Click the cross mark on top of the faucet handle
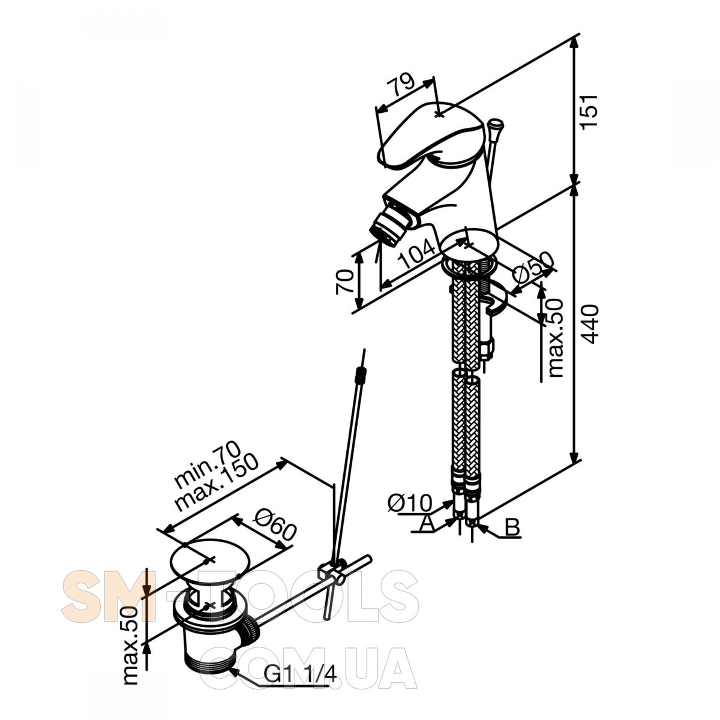click(439, 114)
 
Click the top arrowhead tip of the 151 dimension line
click(575, 38)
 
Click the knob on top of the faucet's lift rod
click(496, 124)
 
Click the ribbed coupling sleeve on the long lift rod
click(361, 376)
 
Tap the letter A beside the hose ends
click(426, 523)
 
